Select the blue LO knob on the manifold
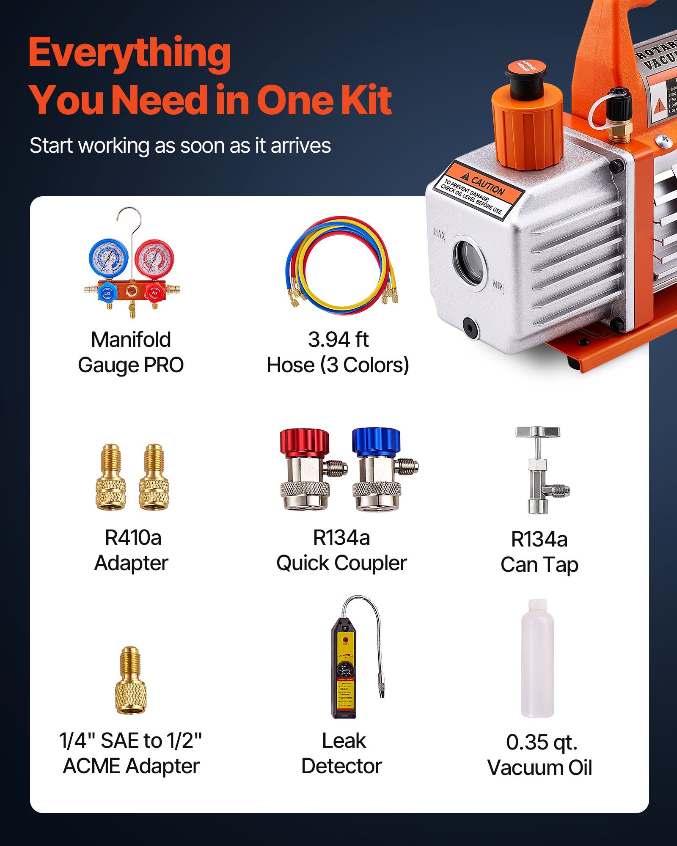click(107, 293)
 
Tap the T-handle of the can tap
click(537, 432)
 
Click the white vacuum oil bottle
click(537, 660)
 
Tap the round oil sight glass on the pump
click(469, 262)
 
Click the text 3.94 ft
click(338, 340)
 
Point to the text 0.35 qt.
click(542, 742)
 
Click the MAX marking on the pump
click(439, 235)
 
